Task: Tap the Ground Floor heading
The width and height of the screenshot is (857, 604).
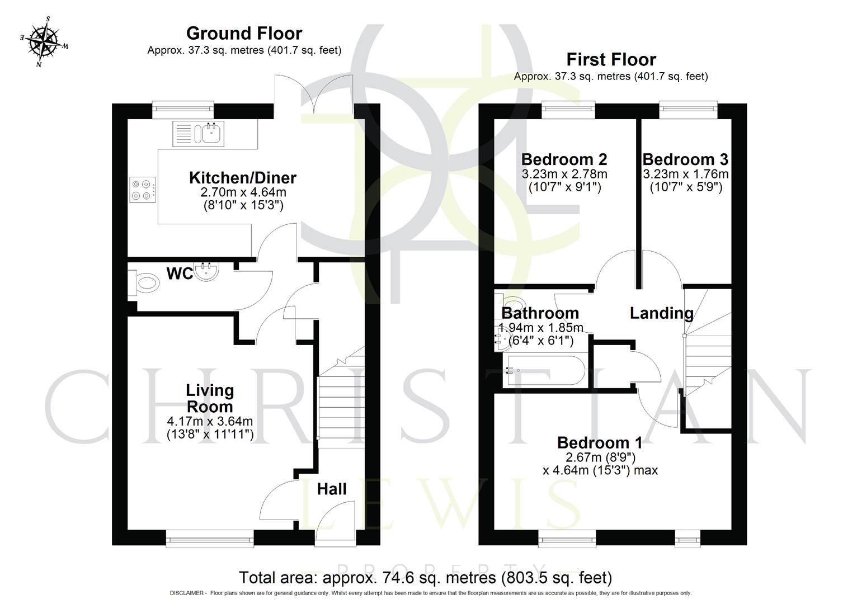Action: [x=244, y=34]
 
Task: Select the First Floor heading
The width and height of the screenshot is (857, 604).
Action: [x=611, y=59]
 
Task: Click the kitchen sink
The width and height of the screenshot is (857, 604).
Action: [x=212, y=134]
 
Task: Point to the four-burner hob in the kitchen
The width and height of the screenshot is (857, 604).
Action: [x=142, y=190]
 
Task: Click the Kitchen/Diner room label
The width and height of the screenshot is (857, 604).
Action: [x=243, y=178]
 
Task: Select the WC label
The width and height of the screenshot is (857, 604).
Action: [x=180, y=274]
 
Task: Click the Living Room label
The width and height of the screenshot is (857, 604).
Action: [x=210, y=398]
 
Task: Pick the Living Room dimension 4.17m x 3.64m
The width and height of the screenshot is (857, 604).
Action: [x=210, y=421]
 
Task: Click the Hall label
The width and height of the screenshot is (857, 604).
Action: [x=332, y=489]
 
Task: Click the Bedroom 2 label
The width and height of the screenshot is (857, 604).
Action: [x=564, y=160]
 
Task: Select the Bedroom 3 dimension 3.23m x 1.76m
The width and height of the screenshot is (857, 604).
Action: [x=685, y=174]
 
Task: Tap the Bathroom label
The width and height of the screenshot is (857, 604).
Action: [x=540, y=313]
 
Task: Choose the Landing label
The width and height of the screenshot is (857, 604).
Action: [x=661, y=313]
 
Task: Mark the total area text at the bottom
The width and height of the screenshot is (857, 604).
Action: [x=425, y=577]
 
